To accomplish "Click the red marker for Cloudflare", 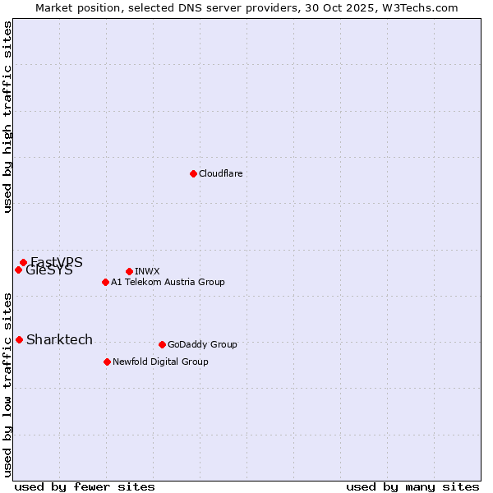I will pos(193,173).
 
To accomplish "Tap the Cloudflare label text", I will pos(220,173).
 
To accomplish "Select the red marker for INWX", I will pos(129,271).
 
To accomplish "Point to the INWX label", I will pos(147,271).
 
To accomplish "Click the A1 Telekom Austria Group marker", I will pos(105,282).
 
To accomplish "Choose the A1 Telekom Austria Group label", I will pos(168,282).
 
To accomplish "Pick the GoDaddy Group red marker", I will pos(162,344).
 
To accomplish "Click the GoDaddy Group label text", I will pos(202,344).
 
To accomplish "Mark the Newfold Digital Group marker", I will pos(107,362).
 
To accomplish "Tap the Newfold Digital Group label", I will pos(160,362).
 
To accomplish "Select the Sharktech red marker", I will pos(19,339).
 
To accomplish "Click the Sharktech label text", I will pos(59,339).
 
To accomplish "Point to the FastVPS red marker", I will pos(23,262).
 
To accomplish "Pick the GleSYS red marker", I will pos(18,270).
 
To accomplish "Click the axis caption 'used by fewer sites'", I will pos(85,486).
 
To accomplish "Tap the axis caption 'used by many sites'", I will pos(412,486).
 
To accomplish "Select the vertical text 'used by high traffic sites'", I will pos(7,117).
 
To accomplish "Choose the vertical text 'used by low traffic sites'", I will pos(7,384).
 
